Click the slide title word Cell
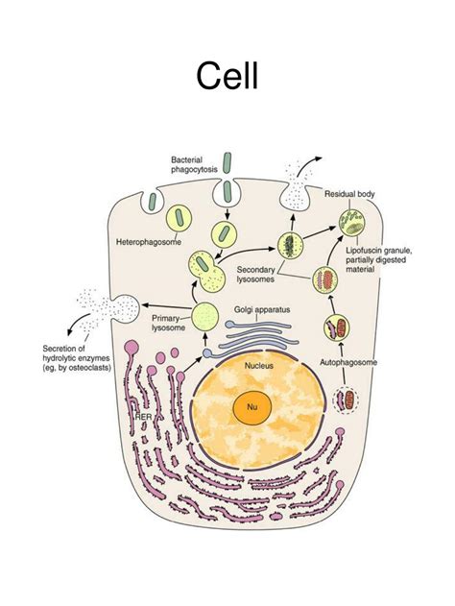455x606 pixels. click(x=227, y=74)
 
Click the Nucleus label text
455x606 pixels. click(x=259, y=366)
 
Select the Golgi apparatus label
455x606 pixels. click(x=262, y=309)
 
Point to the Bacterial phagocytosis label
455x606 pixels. click(x=194, y=164)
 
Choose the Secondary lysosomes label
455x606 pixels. click(x=259, y=275)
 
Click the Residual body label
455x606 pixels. click(x=349, y=193)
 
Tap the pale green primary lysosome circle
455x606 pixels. click(x=205, y=315)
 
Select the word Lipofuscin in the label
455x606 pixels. click(x=366, y=251)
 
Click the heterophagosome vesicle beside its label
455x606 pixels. click(x=180, y=218)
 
